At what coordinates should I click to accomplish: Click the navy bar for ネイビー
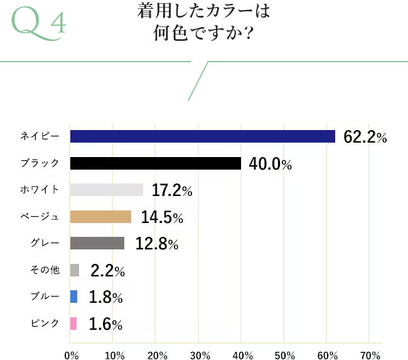[202, 136]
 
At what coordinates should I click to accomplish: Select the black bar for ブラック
[156, 163]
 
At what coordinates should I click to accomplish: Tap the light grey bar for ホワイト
[107, 190]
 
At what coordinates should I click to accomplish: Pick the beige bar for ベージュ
[100, 217]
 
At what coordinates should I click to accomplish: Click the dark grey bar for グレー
[97, 243]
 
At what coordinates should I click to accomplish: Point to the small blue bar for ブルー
[74, 297]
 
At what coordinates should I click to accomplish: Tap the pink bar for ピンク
[73, 324]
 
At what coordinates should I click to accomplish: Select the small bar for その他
[75, 270]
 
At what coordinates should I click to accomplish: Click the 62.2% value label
[365, 137]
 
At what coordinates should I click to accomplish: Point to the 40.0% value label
[271, 164]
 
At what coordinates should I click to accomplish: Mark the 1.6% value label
[105, 324]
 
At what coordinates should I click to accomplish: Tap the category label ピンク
[45, 324]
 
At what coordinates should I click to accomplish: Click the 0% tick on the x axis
[71, 354]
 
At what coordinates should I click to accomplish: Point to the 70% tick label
[370, 354]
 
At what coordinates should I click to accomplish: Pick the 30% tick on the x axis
[199, 354]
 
